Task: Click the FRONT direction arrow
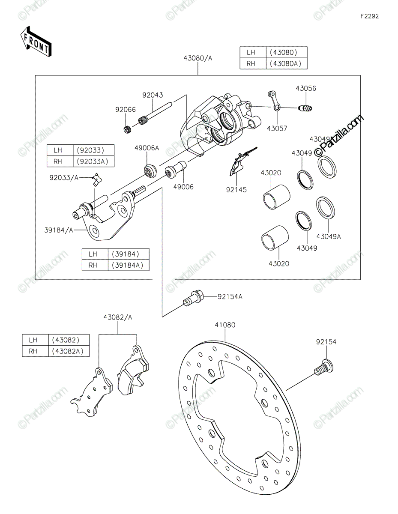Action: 36,41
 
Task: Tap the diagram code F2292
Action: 369,16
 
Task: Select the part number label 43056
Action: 306,88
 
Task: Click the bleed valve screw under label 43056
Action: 305,108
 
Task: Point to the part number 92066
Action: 126,110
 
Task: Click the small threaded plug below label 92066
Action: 127,129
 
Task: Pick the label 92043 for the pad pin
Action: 153,95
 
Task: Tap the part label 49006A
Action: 147,148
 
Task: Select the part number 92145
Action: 236,190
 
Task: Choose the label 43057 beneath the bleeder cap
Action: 277,128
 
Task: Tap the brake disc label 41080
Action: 225,325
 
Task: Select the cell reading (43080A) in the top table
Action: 286,64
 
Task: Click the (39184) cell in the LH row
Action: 129,254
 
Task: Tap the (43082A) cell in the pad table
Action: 69,351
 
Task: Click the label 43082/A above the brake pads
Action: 117,317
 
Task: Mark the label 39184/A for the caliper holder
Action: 59,230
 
